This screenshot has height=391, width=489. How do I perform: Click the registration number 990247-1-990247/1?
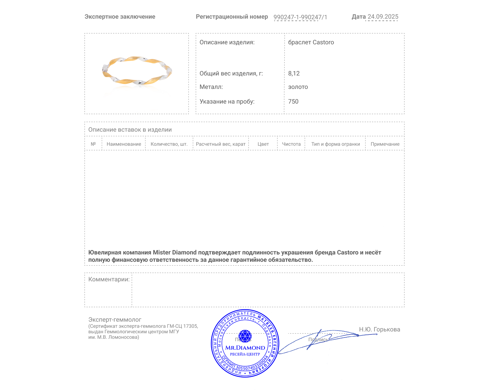tap(300, 17)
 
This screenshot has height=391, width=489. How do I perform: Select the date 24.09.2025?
tap(383, 16)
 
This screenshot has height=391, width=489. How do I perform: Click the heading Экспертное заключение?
tap(120, 16)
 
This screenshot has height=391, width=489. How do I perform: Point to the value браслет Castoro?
tap(311, 42)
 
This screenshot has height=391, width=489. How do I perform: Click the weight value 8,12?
tap(294, 73)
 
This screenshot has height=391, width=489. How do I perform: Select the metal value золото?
tap(298, 87)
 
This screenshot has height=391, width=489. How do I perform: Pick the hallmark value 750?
tap(293, 101)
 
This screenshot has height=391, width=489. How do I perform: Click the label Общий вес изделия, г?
tap(231, 73)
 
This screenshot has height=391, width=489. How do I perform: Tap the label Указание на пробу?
tap(227, 101)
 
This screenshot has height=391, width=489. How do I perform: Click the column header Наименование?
tap(124, 144)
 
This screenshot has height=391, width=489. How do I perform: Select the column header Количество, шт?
tap(169, 144)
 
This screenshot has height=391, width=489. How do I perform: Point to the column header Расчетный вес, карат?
tap(221, 144)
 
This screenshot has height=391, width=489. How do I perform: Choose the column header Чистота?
tap(291, 144)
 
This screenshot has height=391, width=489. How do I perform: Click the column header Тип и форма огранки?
tap(336, 144)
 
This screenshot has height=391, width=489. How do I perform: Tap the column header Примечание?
tap(385, 144)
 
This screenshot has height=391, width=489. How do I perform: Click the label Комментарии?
tap(109, 279)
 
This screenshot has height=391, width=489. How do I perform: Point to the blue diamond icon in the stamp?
tap(245, 336)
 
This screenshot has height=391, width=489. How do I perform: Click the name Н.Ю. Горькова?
tap(379, 329)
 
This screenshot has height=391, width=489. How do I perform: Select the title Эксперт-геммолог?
tap(115, 320)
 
